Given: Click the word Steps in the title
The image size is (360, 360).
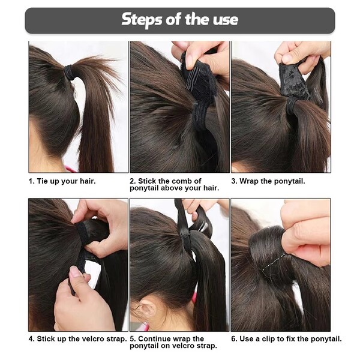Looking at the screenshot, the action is click(x=142, y=20).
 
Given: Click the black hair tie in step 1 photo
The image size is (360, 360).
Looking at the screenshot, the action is click(x=68, y=72).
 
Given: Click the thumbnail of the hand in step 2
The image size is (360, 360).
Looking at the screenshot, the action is click(x=190, y=60).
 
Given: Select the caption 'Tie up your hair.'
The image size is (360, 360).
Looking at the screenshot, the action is click(x=66, y=181).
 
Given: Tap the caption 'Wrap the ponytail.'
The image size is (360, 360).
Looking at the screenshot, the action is click(x=272, y=181).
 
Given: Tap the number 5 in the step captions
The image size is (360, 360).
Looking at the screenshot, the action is click(x=132, y=339).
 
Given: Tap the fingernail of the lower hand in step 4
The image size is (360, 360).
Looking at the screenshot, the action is click(x=75, y=272).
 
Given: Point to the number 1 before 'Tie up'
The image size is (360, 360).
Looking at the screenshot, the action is click(x=31, y=181).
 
